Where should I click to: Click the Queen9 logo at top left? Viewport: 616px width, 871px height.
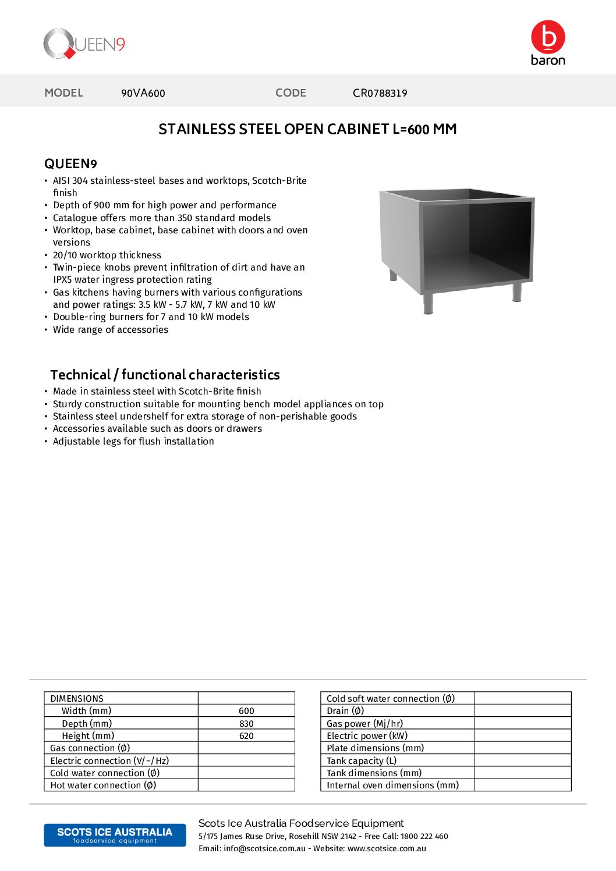(84, 44)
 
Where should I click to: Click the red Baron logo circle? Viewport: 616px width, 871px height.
(548, 37)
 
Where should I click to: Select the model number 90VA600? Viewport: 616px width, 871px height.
(143, 93)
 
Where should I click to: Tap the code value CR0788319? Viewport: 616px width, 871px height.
(380, 93)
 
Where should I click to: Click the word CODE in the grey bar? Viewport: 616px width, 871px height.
(291, 93)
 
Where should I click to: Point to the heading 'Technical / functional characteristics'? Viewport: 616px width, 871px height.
(165, 375)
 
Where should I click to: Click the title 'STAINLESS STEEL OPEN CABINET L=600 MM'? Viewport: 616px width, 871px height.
(307, 129)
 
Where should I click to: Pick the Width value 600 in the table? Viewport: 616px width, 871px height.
(246, 711)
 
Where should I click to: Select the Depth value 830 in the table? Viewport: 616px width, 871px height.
(246, 724)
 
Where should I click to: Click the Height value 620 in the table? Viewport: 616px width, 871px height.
(246, 736)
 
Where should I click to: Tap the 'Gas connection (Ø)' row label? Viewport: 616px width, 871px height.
(90, 748)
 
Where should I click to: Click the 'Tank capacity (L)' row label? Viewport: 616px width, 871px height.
(362, 760)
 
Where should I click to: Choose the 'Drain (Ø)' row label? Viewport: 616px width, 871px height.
(345, 711)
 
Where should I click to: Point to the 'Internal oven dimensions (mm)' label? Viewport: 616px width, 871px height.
(392, 785)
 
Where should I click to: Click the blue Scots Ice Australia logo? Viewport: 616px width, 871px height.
(115, 835)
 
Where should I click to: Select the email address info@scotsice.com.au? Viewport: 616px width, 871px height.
(264, 848)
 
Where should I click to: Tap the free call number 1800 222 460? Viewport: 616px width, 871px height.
(424, 836)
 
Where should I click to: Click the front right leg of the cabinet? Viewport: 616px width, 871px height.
(516, 292)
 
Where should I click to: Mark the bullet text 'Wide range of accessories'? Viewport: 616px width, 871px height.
(111, 330)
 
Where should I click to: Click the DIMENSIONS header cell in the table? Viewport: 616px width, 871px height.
(77, 699)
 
